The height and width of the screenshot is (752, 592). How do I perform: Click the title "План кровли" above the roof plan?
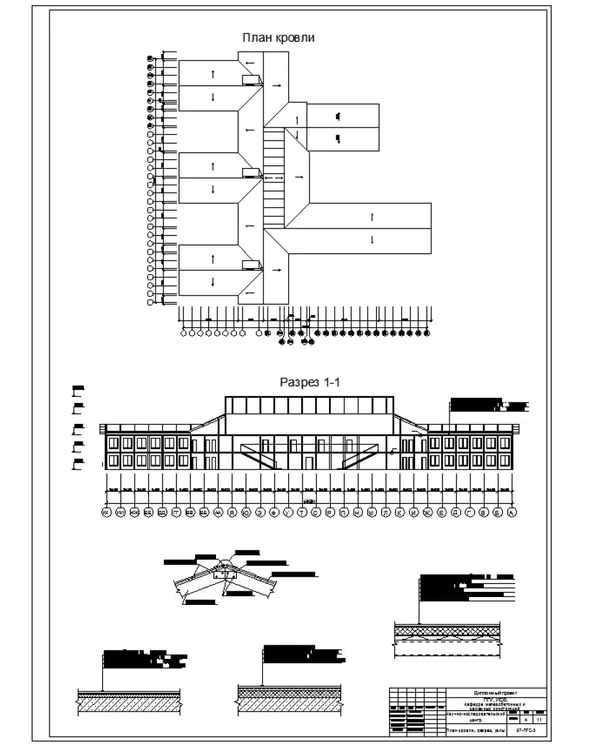pos(278,38)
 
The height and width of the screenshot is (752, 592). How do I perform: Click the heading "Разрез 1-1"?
pos(310,383)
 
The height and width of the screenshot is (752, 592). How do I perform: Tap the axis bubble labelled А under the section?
pos(511,514)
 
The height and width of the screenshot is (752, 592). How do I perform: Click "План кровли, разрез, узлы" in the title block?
pos(473,731)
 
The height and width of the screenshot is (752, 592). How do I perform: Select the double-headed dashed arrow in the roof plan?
pos(273,177)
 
